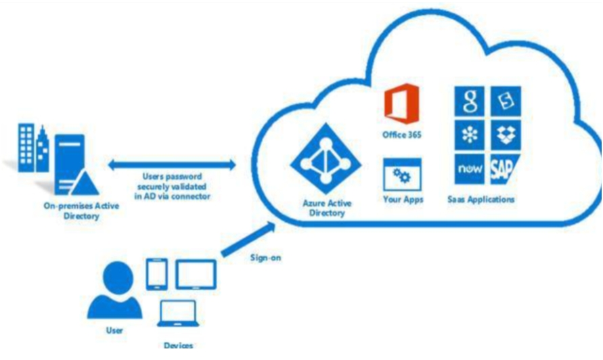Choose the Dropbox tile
[505, 134]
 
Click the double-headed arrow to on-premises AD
[172, 163]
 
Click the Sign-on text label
[265, 257]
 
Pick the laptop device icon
[178, 313]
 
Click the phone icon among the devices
[156, 274]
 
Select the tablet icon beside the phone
[196, 274]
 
